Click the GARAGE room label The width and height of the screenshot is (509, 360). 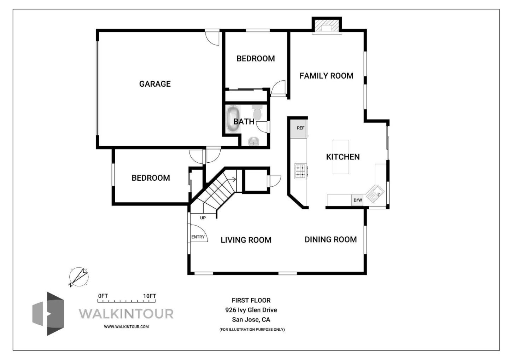pyautogui.click(x=155, y=84)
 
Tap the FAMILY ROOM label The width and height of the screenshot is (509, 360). pyautogui.click(x=326, y=76)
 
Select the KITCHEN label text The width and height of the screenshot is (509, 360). pyautogui.click(x=343, y=157)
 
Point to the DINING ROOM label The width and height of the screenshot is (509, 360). pyautogui.click(x=330, y=239)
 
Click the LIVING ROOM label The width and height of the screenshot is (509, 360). pyautogui.click(x=246, y=240)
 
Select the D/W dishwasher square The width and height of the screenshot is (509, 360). pyautogui.click(x=357, y=200)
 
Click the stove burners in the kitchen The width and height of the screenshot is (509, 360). pyautogui.click(x=301, y=171)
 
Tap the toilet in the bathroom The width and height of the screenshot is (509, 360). pyautogui.click(x=257, y=112)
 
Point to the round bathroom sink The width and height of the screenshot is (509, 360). pyautogui.click(x=253, y=141)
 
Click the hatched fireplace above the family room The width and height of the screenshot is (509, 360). pyautogui.click(x=327, y=26)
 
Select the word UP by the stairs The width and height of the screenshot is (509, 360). pyautogui.click(x=203, y=218)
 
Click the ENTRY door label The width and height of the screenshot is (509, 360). pyautogui.click(x=198, y=237)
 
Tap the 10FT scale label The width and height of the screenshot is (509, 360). pyautogui.click(x=150, y=296)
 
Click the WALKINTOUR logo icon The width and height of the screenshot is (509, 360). pyautogui.click(x=48, y=314)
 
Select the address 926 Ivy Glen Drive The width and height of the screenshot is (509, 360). pyautogui.click(x=251, y=310)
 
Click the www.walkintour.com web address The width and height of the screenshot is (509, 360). pyautogui.click(x=126, y=327)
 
